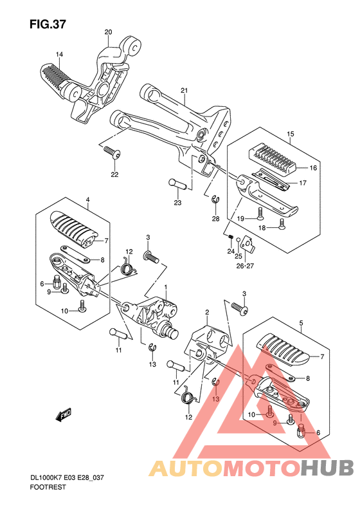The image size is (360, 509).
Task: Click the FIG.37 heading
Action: (x=48, y=24)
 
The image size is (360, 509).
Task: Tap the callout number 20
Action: (x=109, y=32)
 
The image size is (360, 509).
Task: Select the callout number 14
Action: (x=59, y=54)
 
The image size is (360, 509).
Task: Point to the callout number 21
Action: (x=184, y=91)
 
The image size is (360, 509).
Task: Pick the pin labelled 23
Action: (x=177, y=185)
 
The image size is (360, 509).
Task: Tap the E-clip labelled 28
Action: (x=215, y=200)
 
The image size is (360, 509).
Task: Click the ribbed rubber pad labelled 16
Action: (x=273, y=158)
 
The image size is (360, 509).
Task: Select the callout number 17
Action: (x=303, y=183)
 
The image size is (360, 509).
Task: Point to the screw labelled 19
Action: (x=260, y=213)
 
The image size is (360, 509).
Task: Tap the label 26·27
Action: (x=245, y=266)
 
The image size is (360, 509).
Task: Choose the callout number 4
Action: (x=87, y=200)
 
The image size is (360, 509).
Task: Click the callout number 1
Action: (x=166, y=287)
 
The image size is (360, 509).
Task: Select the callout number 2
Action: (x=207, y=312)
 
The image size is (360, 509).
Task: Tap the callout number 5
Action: (x=301, y=322)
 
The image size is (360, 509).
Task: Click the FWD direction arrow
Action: (x=63, y=414)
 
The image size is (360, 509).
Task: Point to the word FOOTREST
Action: (x=48, y=487)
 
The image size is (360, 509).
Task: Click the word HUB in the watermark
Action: (x=327, y=468)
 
